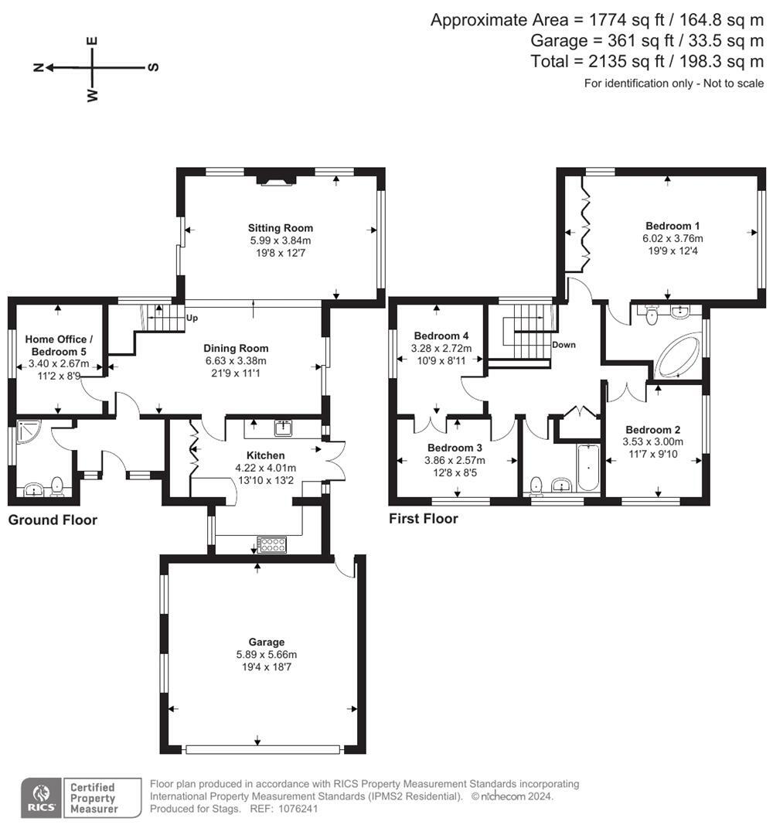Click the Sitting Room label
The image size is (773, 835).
[280, 228]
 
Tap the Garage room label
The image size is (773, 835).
[266, 642]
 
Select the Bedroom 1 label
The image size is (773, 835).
[673, 226]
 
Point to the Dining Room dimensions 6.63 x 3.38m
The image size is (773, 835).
[236, 360]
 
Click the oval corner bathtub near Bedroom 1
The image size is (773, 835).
[679, 356]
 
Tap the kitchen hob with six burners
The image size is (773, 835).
[271, 545]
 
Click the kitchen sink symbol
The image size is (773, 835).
[284, 428]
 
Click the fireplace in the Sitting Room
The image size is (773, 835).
[276, 179]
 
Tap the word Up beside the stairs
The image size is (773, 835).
[192, 318]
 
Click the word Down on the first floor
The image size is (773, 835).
[564, 345]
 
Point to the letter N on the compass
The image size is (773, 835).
[39, 67]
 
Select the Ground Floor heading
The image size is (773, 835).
[53, 520]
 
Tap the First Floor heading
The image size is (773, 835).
[424, 519]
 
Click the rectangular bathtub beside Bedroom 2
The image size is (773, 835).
[588, 468]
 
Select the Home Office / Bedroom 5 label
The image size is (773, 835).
[59, 345]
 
